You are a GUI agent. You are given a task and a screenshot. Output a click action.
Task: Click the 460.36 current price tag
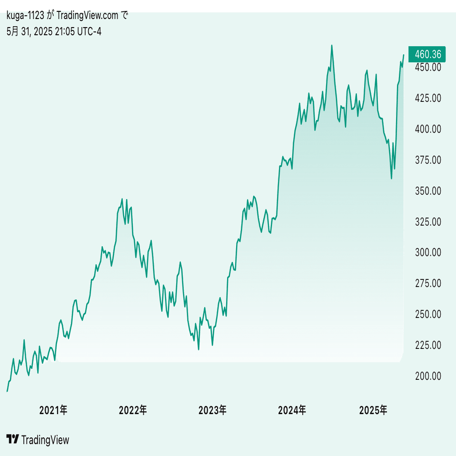(428, 55)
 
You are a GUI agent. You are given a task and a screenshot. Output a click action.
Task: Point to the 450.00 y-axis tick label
(428, 67)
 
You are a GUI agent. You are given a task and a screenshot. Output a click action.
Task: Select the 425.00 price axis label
(428, 98)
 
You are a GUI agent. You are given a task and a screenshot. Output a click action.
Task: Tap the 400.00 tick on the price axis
(428, 129)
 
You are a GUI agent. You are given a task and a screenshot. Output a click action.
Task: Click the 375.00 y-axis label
(428, 160)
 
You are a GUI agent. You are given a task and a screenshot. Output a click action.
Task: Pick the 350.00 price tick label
(428, 191)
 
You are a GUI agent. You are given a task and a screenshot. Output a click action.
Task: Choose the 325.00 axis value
(428, 222)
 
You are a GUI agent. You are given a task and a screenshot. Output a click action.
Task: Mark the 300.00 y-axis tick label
(428, 252)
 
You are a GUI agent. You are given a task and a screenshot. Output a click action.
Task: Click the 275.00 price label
(428, 283)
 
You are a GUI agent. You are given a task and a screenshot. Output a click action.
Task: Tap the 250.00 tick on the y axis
(428, 314)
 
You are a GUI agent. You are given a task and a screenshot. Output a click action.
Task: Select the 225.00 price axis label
(428, 345)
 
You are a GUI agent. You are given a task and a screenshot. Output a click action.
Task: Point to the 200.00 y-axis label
(428, 376)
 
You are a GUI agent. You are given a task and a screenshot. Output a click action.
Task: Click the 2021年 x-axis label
(53, 410)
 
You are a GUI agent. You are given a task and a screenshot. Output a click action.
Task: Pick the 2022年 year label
(133, 410)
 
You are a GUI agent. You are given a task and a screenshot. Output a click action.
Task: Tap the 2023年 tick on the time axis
(213, 410)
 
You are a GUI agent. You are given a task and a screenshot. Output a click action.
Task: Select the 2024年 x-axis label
(292, 410)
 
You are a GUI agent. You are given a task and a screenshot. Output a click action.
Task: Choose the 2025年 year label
(374, 410)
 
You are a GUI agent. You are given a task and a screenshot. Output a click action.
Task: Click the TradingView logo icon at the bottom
(13, 439)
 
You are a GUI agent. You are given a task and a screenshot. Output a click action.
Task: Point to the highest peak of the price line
(332, 46)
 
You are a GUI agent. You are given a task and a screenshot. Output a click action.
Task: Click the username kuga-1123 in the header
(25, 16)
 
